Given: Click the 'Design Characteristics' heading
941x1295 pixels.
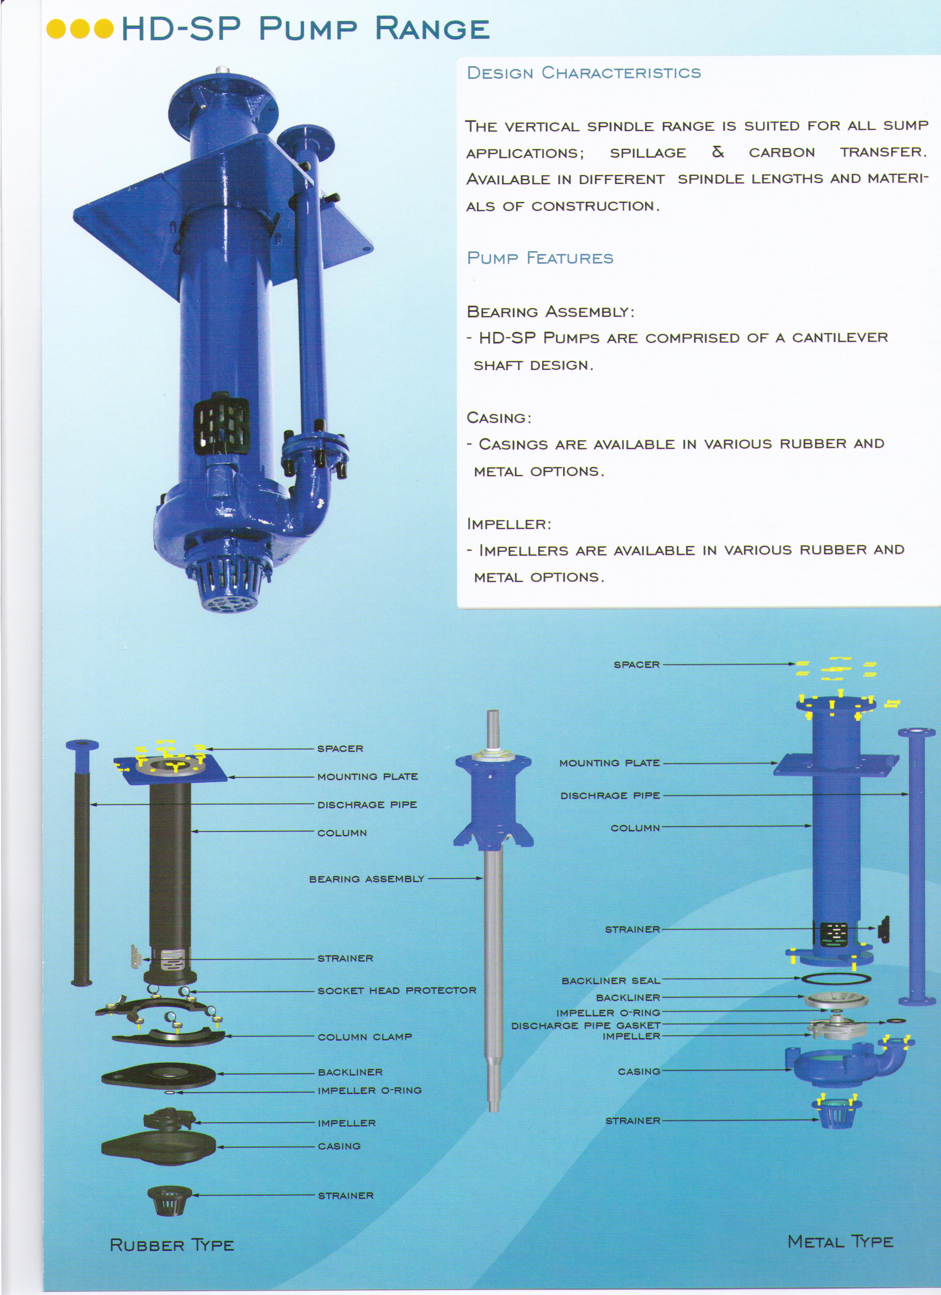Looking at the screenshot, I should [583, 73].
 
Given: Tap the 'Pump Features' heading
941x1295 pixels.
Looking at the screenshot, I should [540, 258].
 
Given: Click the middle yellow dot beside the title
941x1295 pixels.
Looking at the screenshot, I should [81, 28].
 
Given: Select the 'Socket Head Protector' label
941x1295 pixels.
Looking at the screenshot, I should [396, 990].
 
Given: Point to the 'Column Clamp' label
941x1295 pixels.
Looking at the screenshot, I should [365, 1037].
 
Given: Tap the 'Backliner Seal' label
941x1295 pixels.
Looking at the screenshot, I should [610, 980].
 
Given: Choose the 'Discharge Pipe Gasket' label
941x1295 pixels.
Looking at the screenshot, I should [585, 1025].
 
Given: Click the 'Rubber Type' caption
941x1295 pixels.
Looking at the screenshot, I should [171, 1245].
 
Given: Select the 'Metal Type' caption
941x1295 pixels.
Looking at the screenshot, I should [840, 1241].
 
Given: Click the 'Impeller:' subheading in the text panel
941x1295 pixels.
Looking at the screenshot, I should [508, 524].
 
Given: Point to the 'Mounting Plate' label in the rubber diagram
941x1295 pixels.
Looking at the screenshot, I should [367, 777].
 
